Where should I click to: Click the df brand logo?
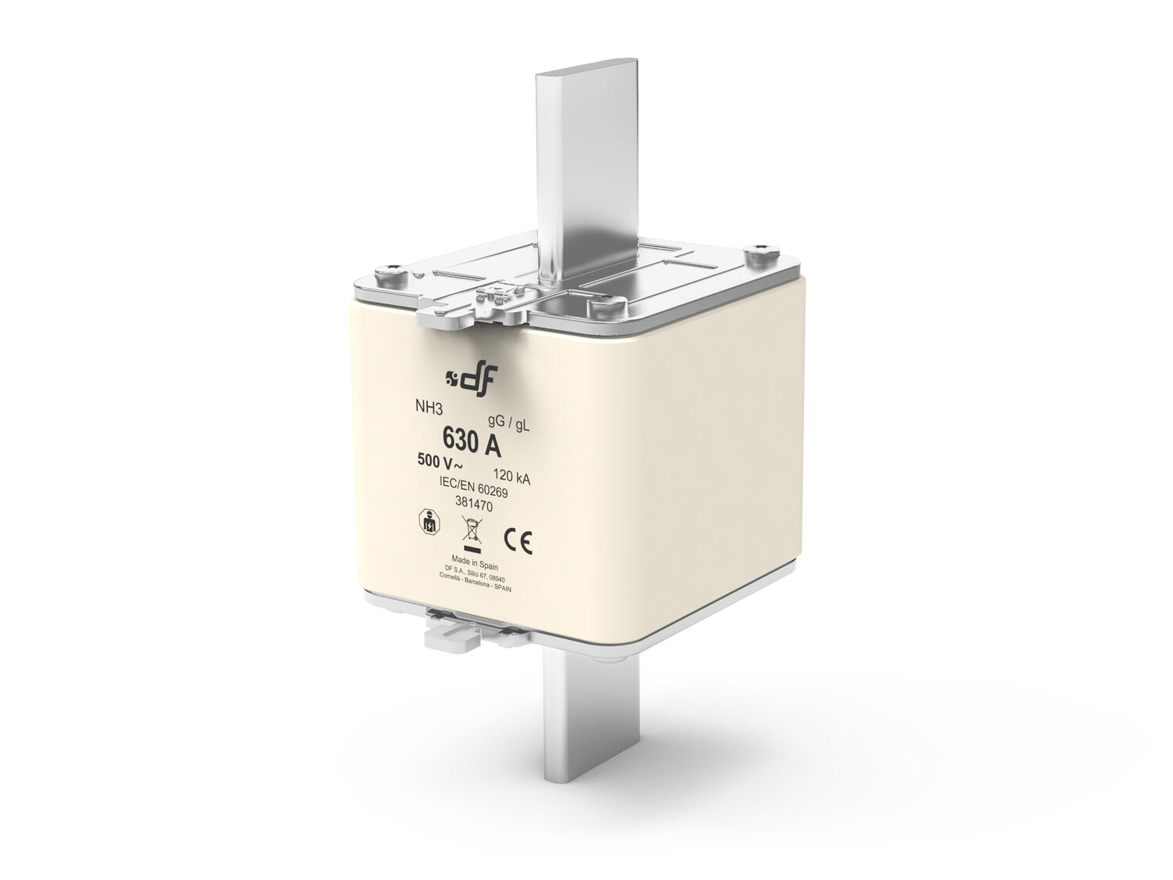470,379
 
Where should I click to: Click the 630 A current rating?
472,442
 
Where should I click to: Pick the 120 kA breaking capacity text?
512,477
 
